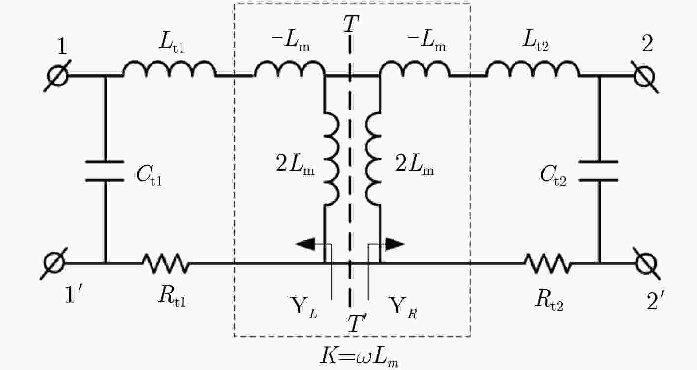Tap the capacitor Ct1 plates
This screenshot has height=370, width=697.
pyautogui.click(x=105, y=171)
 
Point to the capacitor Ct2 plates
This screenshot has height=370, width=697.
pyautogui.click(x=598, y=171)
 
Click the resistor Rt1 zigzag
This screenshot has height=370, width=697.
pyautogui.click(x=166, y=263)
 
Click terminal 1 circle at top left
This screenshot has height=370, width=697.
pyautogui.click(x=58, y=76)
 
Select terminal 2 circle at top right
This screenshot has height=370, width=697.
pyautogui.click(x=644, y=77)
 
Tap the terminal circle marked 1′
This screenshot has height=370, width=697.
pyautogui.click(x=55, y=263)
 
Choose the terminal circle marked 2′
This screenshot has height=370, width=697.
pyautogui.click(x=647, y=264)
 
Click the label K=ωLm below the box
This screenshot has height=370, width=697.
pyautogui.click(x=360, y=357)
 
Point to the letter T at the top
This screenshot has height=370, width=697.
pyautogui.click(x=351, y=23)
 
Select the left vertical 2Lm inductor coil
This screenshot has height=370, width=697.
pyautogui.click(x=332, y=159)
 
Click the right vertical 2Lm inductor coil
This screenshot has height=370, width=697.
pyautogui.click(x=373, y=159)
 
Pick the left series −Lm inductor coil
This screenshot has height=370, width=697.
pyautogui.click(x=290, y=68)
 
